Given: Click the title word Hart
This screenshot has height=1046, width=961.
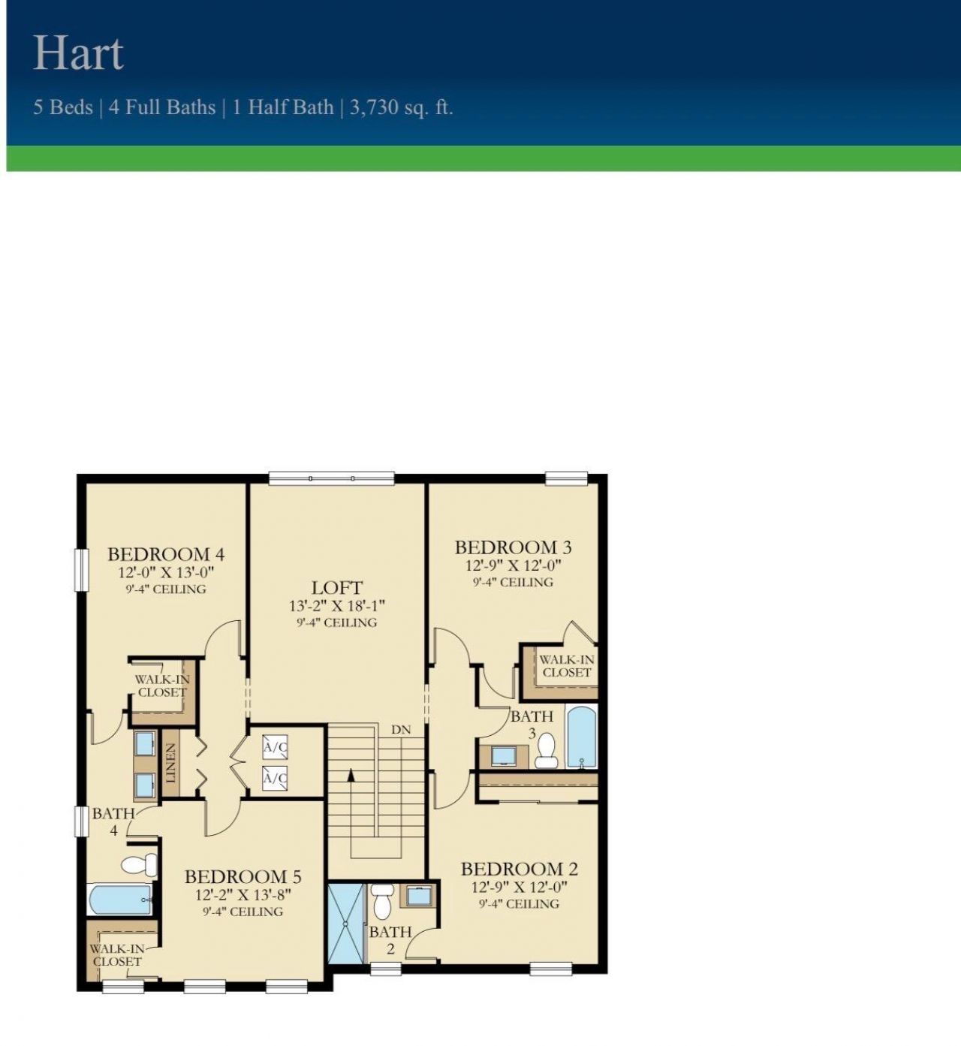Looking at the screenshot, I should (78, 53).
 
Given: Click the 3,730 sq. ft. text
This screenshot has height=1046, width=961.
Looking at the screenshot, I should (401, 107).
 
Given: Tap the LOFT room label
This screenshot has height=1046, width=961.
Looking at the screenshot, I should (337, 587).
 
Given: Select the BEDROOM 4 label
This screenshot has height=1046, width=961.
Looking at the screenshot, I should (166, 554).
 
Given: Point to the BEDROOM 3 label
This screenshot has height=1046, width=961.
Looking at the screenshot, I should (513, 547).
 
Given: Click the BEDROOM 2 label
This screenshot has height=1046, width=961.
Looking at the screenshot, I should (519, 869).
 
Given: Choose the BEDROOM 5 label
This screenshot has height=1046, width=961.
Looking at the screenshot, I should (243, 876).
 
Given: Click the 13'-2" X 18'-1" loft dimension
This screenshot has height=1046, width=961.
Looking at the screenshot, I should (337, 606).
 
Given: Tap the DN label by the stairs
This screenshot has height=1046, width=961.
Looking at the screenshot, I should (401, 730).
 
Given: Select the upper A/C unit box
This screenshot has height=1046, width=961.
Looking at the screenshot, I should (275, 747).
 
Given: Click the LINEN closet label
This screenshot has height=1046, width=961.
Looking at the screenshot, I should (171, 763).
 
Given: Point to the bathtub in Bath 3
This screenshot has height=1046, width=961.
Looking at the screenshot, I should (581, 737).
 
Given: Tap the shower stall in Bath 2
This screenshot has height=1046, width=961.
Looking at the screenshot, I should (345, 924).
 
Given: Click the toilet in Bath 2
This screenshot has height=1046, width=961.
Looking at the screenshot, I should (383, 901).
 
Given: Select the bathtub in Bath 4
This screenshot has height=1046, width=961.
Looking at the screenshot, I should (120, 899).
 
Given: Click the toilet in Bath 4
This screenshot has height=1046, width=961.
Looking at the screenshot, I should (137, 864).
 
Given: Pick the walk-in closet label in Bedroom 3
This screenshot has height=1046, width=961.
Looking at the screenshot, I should (566, 666).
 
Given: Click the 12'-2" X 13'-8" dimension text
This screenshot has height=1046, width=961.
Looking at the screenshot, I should (243, 895).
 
